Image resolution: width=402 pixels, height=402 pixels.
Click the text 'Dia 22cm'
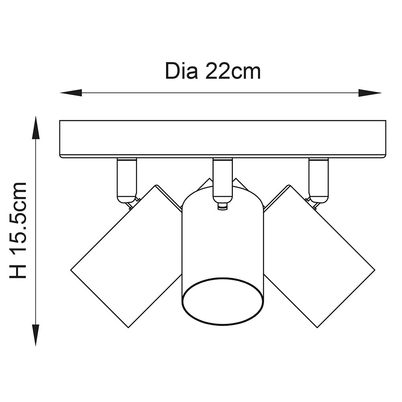tap(213, 72)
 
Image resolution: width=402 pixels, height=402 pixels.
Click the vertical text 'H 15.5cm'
tap(18, 230)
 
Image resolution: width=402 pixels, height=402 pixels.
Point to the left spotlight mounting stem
tap(127, 177)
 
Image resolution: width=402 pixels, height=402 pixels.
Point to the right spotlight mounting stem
tap(318, 177)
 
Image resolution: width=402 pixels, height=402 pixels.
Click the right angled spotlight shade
tap(320, 257)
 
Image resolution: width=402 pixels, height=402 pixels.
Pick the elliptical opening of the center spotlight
tap(224, 301)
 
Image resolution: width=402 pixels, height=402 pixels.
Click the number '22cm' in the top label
tap(234, 72)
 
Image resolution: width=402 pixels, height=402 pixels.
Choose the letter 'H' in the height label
tap(18, 271)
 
